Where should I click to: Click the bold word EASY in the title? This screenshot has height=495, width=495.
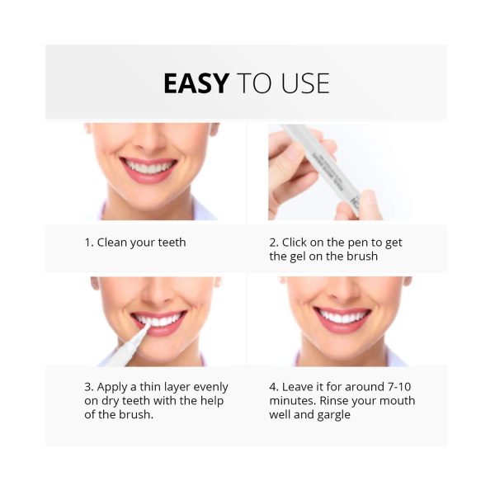[x=196, y=83]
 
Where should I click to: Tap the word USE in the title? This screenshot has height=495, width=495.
[x=305, y=83]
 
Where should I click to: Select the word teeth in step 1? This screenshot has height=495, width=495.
[x=172, y=243]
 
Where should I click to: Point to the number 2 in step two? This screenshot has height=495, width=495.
[x=273, y=243]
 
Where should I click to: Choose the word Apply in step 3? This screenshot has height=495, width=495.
[x=111, y=388]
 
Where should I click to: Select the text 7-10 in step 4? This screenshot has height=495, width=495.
[x=398, y=387]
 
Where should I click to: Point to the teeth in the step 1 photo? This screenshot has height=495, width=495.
[x=148, y=167]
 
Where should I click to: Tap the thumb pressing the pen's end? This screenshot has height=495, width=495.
[x=364, y=205]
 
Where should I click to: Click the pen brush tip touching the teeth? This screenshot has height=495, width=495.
[x=146, y=328]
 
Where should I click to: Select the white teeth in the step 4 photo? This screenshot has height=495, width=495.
[x=342, y=317]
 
